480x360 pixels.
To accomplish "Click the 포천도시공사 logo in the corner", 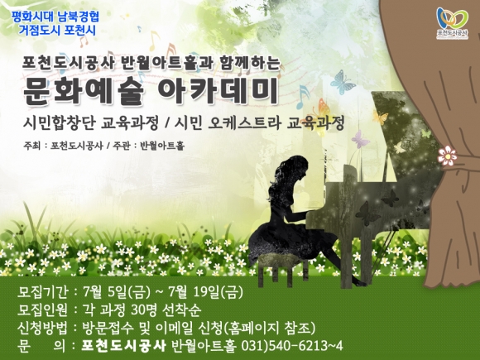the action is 453,23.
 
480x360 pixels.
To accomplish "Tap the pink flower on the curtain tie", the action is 447,156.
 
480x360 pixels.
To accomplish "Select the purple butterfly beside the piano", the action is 360,139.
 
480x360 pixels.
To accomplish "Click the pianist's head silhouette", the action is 292,170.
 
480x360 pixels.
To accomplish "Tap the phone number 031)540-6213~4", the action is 292,346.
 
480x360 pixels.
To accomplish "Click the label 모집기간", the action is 42,292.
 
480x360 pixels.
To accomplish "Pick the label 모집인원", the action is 42,310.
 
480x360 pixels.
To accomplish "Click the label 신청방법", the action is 42,328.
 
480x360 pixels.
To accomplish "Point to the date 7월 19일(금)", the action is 205,292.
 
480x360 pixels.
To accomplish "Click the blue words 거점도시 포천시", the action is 57,31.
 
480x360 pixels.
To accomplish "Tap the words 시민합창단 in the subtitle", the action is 61,123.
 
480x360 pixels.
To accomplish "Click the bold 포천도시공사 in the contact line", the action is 123,346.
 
